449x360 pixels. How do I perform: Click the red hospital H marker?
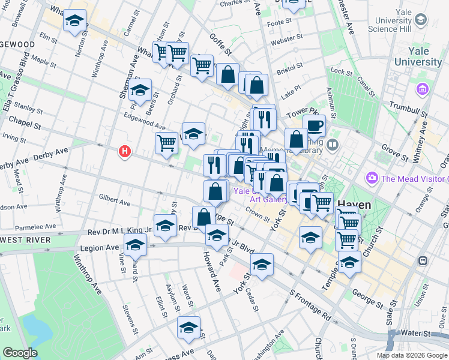pyautogui.click(x=125, y=152)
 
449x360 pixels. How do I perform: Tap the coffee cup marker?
pyautogui.click(x=314, y=125)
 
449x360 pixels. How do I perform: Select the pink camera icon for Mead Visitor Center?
pyautogui.click(x=372, y=178)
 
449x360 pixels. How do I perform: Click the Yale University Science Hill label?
pyautogui.click(x=390, y=23)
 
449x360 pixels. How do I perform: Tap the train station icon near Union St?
pyautogui.click(x=423, y=261)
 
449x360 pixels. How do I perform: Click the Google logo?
pyautogui.click(x=20, y=353)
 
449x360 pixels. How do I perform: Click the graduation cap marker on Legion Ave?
pyautogui.click(x=136, y=244)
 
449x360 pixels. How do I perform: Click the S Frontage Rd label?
pyautogui.click(x=310, y=305)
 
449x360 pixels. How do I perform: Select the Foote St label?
pyautogui.click(x=279, y=22)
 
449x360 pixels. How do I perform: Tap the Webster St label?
pyautogui.click(x=283, y=43)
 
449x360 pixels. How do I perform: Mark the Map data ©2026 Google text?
pyautogui.click(x=412, y=355)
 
